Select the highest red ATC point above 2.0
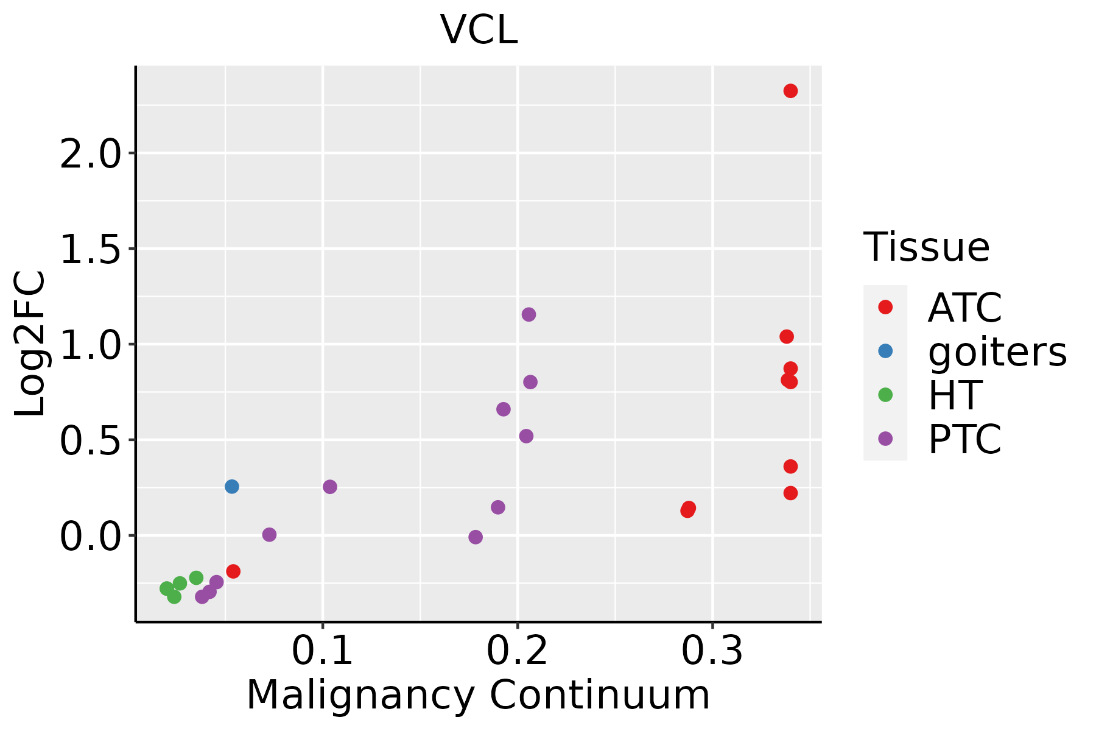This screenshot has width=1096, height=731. [x=790, y=91]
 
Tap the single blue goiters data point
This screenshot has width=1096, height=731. [x=232, y=486]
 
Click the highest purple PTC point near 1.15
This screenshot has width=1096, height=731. [x=529, y=314]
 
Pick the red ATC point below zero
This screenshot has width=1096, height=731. [x=233, y=571]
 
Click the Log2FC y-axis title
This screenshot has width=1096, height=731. [x=30, y=344]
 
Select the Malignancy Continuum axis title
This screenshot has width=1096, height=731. [x=478, y=695]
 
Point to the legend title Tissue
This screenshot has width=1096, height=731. [x=926, y=247]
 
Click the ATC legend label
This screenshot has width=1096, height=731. [x=964, y=308]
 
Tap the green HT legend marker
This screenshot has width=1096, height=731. [x=885, y=395]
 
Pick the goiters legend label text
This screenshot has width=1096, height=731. [x=997, y=351]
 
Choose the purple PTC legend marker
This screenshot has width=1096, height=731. [x=885, y=438]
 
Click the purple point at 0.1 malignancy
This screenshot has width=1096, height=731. [x=330, y=487]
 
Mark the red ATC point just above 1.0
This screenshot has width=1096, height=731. [x=787, y=336]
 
